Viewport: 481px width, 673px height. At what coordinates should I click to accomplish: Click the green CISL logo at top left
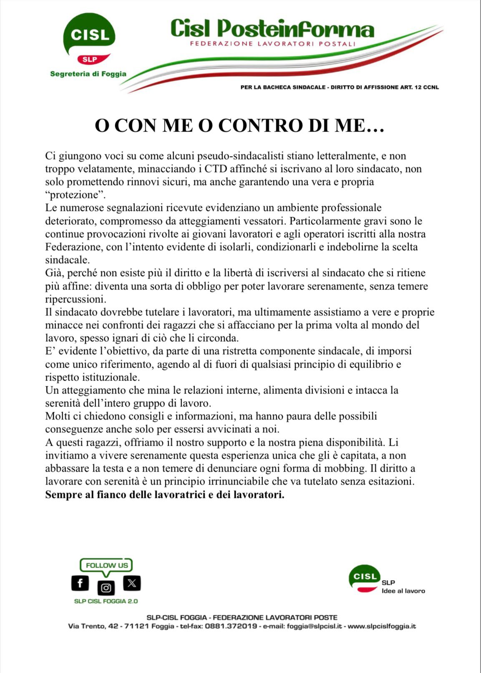pos(89,34)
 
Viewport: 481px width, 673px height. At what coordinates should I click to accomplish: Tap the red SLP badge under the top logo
pos(90,59)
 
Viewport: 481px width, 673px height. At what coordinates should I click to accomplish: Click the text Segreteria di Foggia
pos(88,74)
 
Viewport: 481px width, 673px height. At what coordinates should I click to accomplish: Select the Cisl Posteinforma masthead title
pos(272,29)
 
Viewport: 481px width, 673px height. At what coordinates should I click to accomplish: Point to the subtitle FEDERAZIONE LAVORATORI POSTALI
pos(272,44)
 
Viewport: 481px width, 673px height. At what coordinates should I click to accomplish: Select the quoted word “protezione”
pos(75,195)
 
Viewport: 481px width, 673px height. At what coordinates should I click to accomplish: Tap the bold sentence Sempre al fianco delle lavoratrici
pos(165,495)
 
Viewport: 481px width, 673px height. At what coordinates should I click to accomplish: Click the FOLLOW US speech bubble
pos(106,565)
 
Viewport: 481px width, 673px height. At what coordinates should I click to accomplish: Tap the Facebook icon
pos(80,583)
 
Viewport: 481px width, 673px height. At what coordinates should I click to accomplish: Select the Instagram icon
pos(106,588)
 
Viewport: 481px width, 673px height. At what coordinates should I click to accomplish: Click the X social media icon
pos(132,583)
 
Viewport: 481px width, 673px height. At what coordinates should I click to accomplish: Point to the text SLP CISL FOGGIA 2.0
pos(106,601)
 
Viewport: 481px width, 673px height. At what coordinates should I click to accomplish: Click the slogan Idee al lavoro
pos(403,591)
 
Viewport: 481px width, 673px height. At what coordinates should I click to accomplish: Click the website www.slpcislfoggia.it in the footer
pos(382,626)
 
